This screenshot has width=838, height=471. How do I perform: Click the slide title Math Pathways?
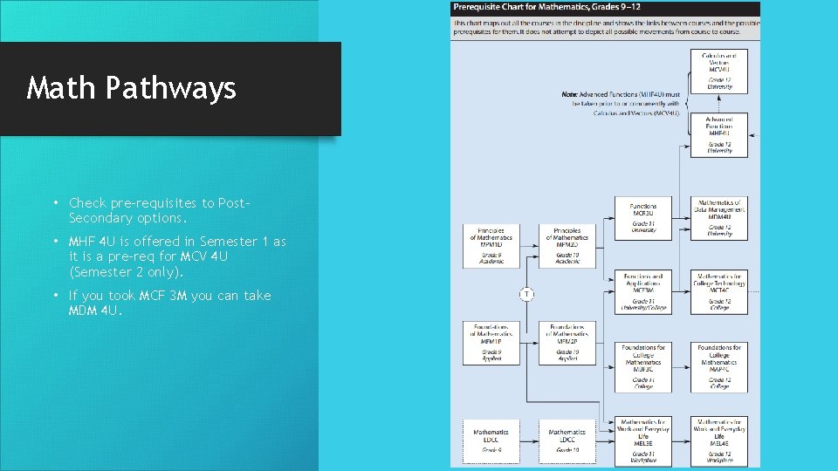point(132,88)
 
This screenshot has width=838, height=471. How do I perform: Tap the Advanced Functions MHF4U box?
point(719,134)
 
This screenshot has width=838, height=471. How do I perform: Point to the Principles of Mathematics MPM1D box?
point(491,247)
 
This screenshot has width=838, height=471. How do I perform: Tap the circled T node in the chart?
point(526,294)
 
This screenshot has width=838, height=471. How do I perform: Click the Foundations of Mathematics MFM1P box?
point(491,343)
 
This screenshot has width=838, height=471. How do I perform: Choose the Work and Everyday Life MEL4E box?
point(719,440)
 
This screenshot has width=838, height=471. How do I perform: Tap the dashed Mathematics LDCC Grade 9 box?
point(491,440)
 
